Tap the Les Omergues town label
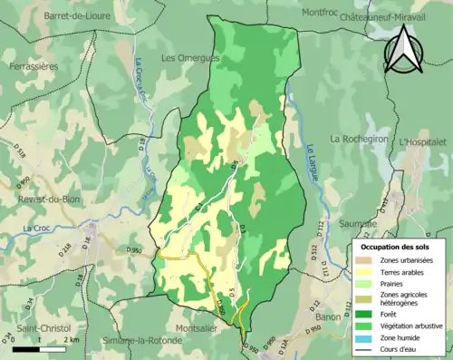coord(190,58)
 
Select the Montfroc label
coord(320,13)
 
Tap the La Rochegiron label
coord(359,139)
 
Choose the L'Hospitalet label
coord(422,142)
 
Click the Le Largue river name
coord(313,163)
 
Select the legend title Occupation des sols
coord(397,246)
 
